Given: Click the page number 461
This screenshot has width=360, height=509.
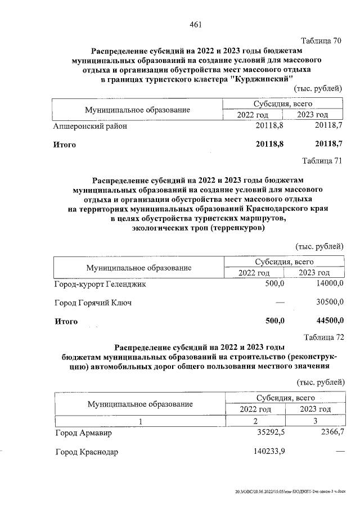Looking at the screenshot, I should [196, 24].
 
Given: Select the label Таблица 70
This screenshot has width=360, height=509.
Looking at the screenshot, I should [322, 41].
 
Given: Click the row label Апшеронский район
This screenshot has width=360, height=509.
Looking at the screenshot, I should [90, 126].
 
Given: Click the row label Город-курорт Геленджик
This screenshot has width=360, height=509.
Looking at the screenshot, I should [100, 285].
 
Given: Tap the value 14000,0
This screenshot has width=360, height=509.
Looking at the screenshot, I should [330, 285].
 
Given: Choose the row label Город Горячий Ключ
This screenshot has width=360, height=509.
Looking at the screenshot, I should [93, 303].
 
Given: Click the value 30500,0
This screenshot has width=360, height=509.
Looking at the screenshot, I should [330, 303].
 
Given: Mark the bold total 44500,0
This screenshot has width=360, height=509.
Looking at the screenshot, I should [330, 321].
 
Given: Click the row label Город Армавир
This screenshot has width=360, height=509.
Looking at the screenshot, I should [84, 434].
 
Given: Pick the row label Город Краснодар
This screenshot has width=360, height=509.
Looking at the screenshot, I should [87, 452].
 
